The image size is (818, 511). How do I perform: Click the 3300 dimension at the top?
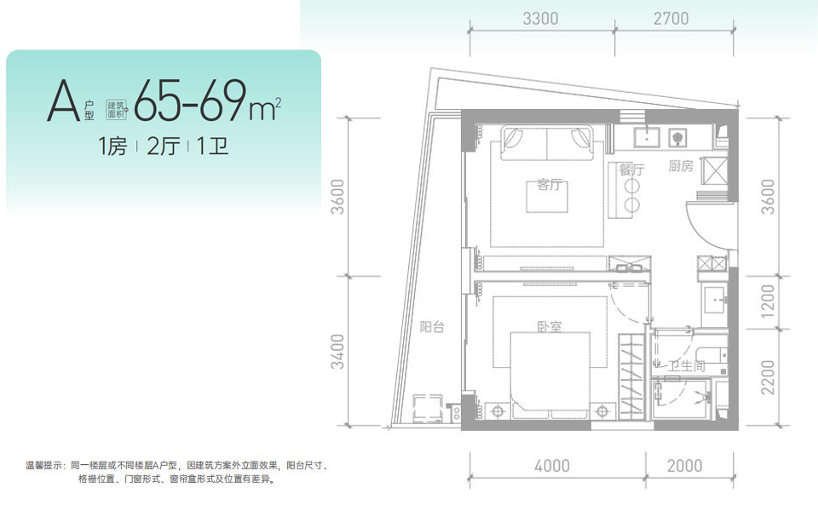(x=540, y=19)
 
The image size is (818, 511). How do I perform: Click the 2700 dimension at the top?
(x=671, y=19)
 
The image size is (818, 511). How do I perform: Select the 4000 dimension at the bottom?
(x=552, y=466)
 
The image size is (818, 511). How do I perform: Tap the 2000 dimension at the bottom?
(x=684, y=466)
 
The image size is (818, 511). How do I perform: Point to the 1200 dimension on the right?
(x=768, y=301)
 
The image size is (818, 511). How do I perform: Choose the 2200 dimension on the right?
(x=768, y=377)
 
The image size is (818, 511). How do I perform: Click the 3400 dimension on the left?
(x=337, y=352)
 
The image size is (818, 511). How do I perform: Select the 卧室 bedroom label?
(x=550, y=327)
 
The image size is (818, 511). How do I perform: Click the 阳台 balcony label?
(x=432, y=327)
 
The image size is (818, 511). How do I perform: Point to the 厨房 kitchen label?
(x=681, y=166)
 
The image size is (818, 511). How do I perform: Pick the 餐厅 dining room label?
(x=631, y=169)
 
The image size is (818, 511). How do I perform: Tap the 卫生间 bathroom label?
(x=687, y=366)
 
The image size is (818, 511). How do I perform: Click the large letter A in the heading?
(x=63, y=100)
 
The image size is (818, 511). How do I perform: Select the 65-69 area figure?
(x=190, y=100)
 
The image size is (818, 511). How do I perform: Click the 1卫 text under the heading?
(x=213, y=146)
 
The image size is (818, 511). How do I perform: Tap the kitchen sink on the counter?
(x=647, y=138)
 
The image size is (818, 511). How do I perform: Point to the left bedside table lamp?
(x=498, y=411)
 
